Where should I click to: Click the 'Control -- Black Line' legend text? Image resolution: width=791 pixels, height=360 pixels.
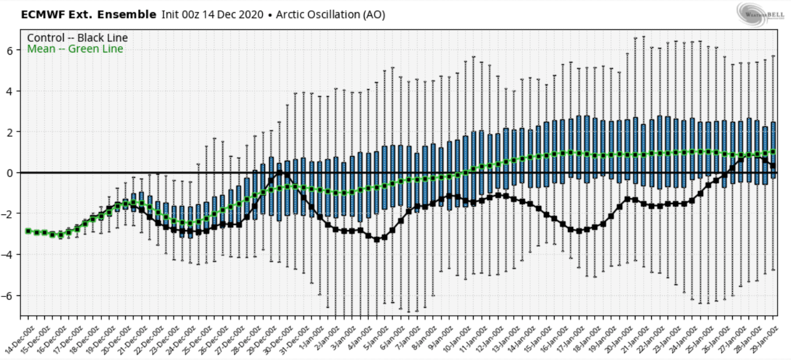click(x=77, y=38)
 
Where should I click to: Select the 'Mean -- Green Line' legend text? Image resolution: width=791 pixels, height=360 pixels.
click(x=75, y=49)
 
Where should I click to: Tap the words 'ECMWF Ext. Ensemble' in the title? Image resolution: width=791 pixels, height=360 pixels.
click(x=89, y=15)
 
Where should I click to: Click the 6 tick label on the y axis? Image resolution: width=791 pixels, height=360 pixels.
click(x=10, y=51)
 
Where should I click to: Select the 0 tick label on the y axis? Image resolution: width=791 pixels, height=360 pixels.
click(x=10, y=173)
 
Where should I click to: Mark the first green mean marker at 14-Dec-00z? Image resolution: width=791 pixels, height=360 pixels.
click(x=28, y=231)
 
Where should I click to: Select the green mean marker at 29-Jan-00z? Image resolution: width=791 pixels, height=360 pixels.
click(x=774, y=151)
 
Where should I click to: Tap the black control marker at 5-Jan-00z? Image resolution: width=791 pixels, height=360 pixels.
click(x=376, y=239)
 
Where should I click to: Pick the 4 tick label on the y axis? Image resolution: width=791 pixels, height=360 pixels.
click(x=10, y=91)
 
